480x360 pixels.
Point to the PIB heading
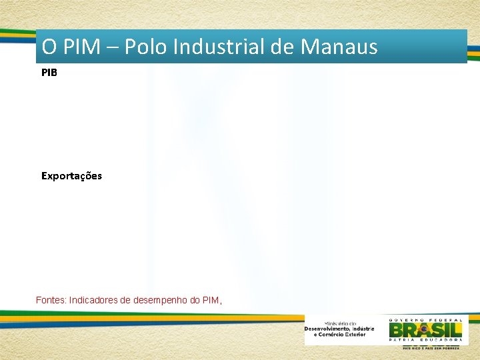click(x=49, y=72)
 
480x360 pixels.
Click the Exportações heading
click(x=71, y=176)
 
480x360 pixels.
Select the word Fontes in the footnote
click(x=51, y=301)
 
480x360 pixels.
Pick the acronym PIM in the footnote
click(x=213, y=301)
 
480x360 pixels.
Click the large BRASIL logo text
click(x=425, y=329)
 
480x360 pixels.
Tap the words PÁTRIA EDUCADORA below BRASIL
click(x=425, y=341)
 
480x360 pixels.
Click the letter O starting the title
click(x=49, y=47)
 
